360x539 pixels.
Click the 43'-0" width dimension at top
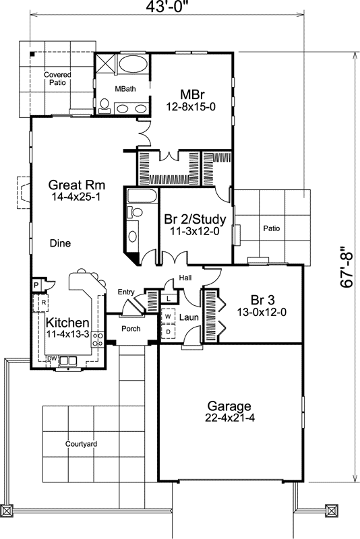point(164,7)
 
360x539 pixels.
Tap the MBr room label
point(193,94)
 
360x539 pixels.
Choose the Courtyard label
point(82,444)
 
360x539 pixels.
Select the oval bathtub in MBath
point(131,66)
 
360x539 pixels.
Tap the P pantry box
point(36,285)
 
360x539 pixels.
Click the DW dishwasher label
point(51,358)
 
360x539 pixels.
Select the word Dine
point(61,243)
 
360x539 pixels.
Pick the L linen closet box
point(168,297)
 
